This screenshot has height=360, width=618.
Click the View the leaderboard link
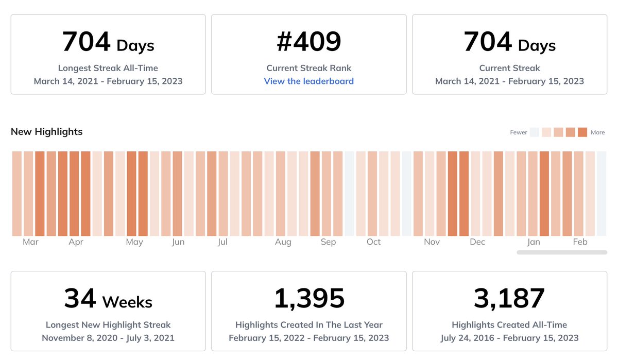[308, 81]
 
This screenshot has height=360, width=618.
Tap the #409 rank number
[308, 42]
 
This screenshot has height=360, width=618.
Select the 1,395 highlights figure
[308, 299]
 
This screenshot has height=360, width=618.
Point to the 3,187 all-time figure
[509, 299]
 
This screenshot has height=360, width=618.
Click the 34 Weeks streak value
[108, 299]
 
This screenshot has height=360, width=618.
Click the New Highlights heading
[46, 132]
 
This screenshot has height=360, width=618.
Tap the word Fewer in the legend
[518, 132]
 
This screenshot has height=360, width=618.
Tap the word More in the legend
[597, 132]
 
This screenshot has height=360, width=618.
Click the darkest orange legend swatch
[582, 132]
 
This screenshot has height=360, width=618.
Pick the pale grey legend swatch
[535, 132]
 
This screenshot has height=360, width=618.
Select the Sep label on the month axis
[328, 242]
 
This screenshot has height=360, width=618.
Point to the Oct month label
[373, 242]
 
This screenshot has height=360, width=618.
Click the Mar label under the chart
[30, 242]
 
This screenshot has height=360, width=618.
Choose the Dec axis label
[477, 242]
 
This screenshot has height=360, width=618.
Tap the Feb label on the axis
[580, 242]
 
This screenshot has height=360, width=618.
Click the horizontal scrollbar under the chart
[562, 252]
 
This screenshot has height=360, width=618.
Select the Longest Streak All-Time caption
[108, 68]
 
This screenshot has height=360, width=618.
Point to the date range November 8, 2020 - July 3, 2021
[108, 338]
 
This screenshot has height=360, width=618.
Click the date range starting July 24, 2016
[509, 338]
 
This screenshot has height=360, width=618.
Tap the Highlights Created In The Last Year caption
[308, 325]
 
